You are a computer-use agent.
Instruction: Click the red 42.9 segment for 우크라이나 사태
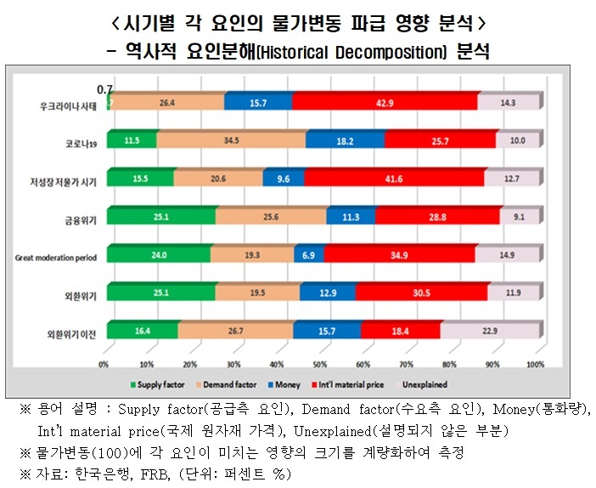(x=384, y=102)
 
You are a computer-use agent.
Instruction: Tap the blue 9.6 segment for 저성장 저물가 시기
(x=283, y=178)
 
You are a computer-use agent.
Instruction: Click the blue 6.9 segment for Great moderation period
(x=308, y=255)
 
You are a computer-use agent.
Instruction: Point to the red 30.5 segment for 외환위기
(x=421, y=294)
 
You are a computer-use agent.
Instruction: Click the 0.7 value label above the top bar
(x=105, y=88)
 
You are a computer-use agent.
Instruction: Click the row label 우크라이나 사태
(x=69, y=105)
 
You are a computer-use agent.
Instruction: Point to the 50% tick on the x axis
(x=319, y=364)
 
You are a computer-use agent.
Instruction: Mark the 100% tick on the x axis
(x=534, y=364)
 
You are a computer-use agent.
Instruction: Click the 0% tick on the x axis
(x=104, y=364)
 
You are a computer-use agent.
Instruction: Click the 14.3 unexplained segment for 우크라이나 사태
(x=507, y=102)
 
